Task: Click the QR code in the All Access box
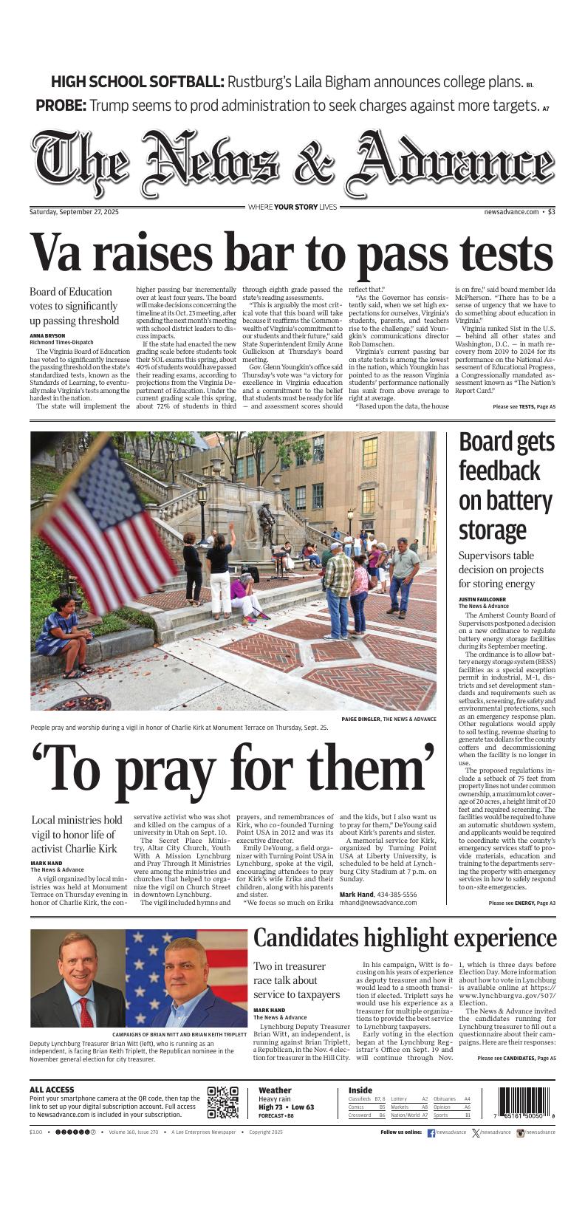click(223, 1102)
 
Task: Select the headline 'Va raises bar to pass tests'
click(292, 253)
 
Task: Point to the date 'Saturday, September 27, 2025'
click(74, 212)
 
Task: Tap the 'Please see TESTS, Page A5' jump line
click(524, 407)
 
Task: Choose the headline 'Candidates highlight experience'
click(405, 938)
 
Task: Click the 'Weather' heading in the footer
click(275, 1090)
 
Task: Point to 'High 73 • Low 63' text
click(287, 1107)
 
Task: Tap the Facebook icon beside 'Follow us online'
click(431, 1132)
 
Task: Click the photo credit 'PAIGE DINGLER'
click(360, 719)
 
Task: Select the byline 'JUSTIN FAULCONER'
click(482, 600)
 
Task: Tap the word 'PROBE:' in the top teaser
click(61, 106)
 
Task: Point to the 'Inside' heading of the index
click(360, 1090)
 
